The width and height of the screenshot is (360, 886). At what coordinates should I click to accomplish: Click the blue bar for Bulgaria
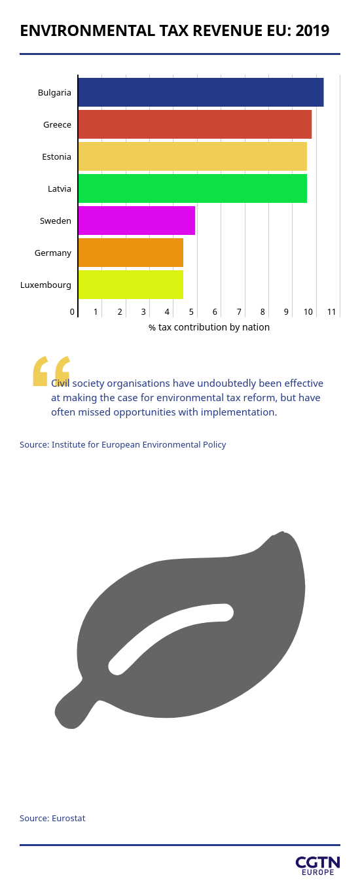point(201,92)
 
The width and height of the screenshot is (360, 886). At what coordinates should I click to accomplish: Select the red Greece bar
point(195,124)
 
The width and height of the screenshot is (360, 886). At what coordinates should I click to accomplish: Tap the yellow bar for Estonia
point(192,156)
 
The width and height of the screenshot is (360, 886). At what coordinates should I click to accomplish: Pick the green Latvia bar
point(192,188)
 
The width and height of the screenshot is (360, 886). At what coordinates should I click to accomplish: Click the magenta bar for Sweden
point(137,221)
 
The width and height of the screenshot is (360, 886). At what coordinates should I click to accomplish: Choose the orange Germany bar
point(131,253)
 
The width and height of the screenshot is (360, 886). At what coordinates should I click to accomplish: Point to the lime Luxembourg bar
point(131,285)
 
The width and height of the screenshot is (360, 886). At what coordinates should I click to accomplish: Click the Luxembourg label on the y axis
point(46,285)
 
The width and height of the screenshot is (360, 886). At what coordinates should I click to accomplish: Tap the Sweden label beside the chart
point(56,221)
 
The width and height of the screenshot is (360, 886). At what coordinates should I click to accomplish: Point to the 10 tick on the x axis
point(308,311)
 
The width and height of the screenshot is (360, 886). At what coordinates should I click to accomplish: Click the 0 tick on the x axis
point(72,311)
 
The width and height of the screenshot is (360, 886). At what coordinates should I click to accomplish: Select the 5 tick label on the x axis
point(191,311)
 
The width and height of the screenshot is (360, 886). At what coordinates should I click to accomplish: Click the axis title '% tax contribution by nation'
point(209,327)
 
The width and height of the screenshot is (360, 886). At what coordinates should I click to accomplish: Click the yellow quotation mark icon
point(52,370)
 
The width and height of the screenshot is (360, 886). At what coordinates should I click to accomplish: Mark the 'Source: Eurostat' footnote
point(52,818)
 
